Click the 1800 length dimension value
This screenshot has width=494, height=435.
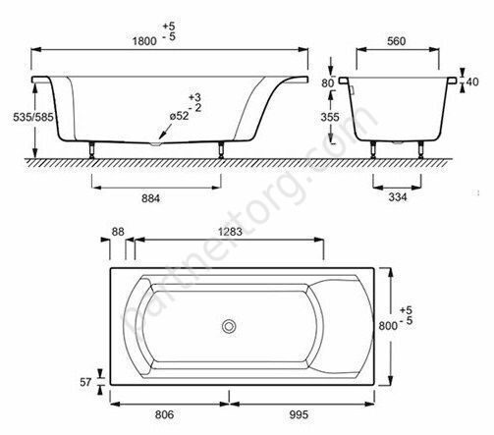144,41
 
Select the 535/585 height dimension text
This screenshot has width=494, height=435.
33,117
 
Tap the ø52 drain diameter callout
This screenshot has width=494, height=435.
179,116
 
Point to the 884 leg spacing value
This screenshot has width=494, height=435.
151,198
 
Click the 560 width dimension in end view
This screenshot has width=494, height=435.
397,41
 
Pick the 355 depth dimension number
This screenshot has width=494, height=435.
330,117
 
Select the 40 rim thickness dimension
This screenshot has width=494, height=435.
472,82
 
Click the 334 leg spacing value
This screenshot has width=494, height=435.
398,197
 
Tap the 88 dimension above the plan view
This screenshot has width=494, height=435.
118,232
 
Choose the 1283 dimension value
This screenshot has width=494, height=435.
230,232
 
